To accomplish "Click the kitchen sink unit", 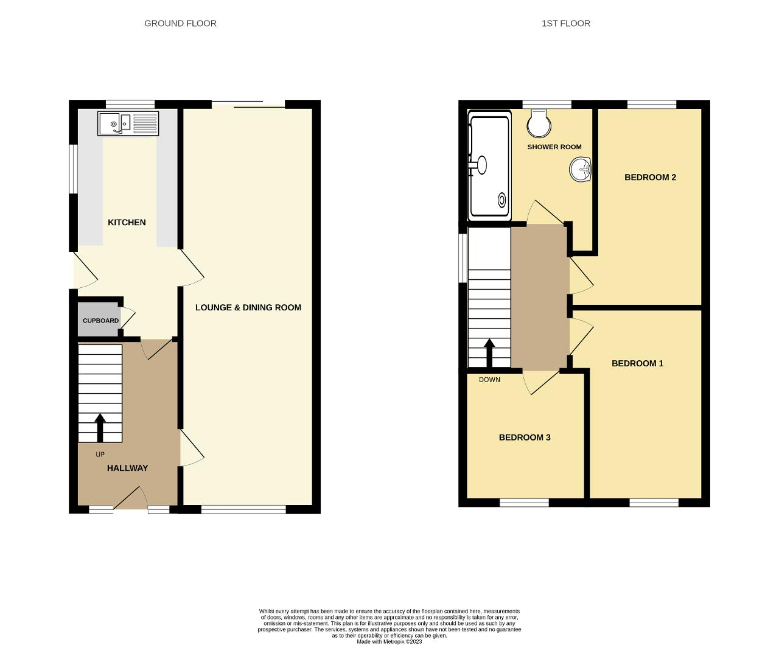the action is click(x=128, y=123).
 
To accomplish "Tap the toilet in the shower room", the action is click(x=539, y=124).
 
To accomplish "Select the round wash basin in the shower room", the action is click(x=580, y=170).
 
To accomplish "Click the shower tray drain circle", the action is click(x=502, y=200).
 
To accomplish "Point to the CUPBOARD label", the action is click(x=101, y=321).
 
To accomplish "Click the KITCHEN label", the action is click(x=127, y=222).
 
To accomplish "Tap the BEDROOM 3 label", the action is click(x=525, y=438).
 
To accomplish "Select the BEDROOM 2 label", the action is click(x=651, y=177).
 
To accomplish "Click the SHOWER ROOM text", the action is click(x=554, y=147).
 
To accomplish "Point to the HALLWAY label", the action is click(x=128, y=468).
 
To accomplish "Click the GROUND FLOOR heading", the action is click(x=180, y=24).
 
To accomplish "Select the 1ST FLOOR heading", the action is click(x=566, y=24).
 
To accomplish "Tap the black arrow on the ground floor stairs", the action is click(x=100, y=428).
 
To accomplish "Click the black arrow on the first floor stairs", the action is click(x=489, y=353).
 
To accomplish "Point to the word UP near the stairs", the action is click(x=100, y=455).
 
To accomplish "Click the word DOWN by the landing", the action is click(x=489, y=380).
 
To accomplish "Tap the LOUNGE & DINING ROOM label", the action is click(x=248, y=307).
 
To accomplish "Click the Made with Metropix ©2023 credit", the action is click(x=389, y=641).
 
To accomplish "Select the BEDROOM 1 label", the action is click(x=638, y=363).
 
